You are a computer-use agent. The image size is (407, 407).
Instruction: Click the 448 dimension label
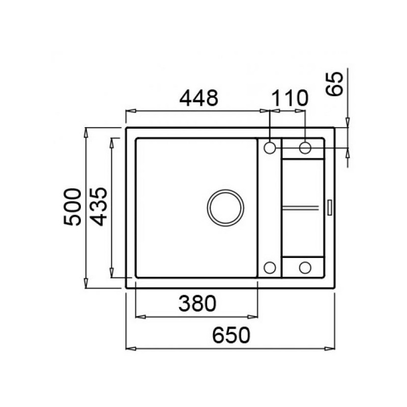pyautogui.click(x=199, y=98)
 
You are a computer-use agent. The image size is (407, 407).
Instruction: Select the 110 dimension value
pyautogui.click(x=289, y=98)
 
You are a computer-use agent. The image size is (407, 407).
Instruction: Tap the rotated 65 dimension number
pyautogui.click(x=334, y=84)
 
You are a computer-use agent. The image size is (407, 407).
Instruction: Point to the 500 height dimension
pyautogui.click(x=72, y=207)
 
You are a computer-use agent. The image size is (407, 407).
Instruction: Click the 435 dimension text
pyautogui.click(x=99, y=207)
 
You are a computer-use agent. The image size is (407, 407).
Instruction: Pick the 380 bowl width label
pyautogui.click(x=197, y=303)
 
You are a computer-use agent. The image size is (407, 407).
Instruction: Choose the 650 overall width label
pyautogui.click(x=231, y=335)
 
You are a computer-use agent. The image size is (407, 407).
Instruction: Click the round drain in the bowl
pyautogui.click(x=225, y=208)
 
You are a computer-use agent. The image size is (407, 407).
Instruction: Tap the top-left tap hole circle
pyautogui.click(x=270, y=148)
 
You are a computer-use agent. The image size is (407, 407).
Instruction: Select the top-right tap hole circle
pyautogui.click(x=305, y=148)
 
